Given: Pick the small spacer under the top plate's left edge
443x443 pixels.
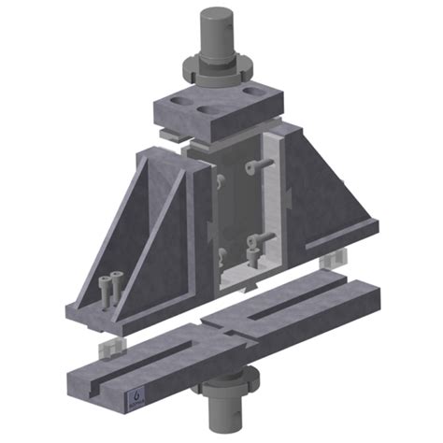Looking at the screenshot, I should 169,134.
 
